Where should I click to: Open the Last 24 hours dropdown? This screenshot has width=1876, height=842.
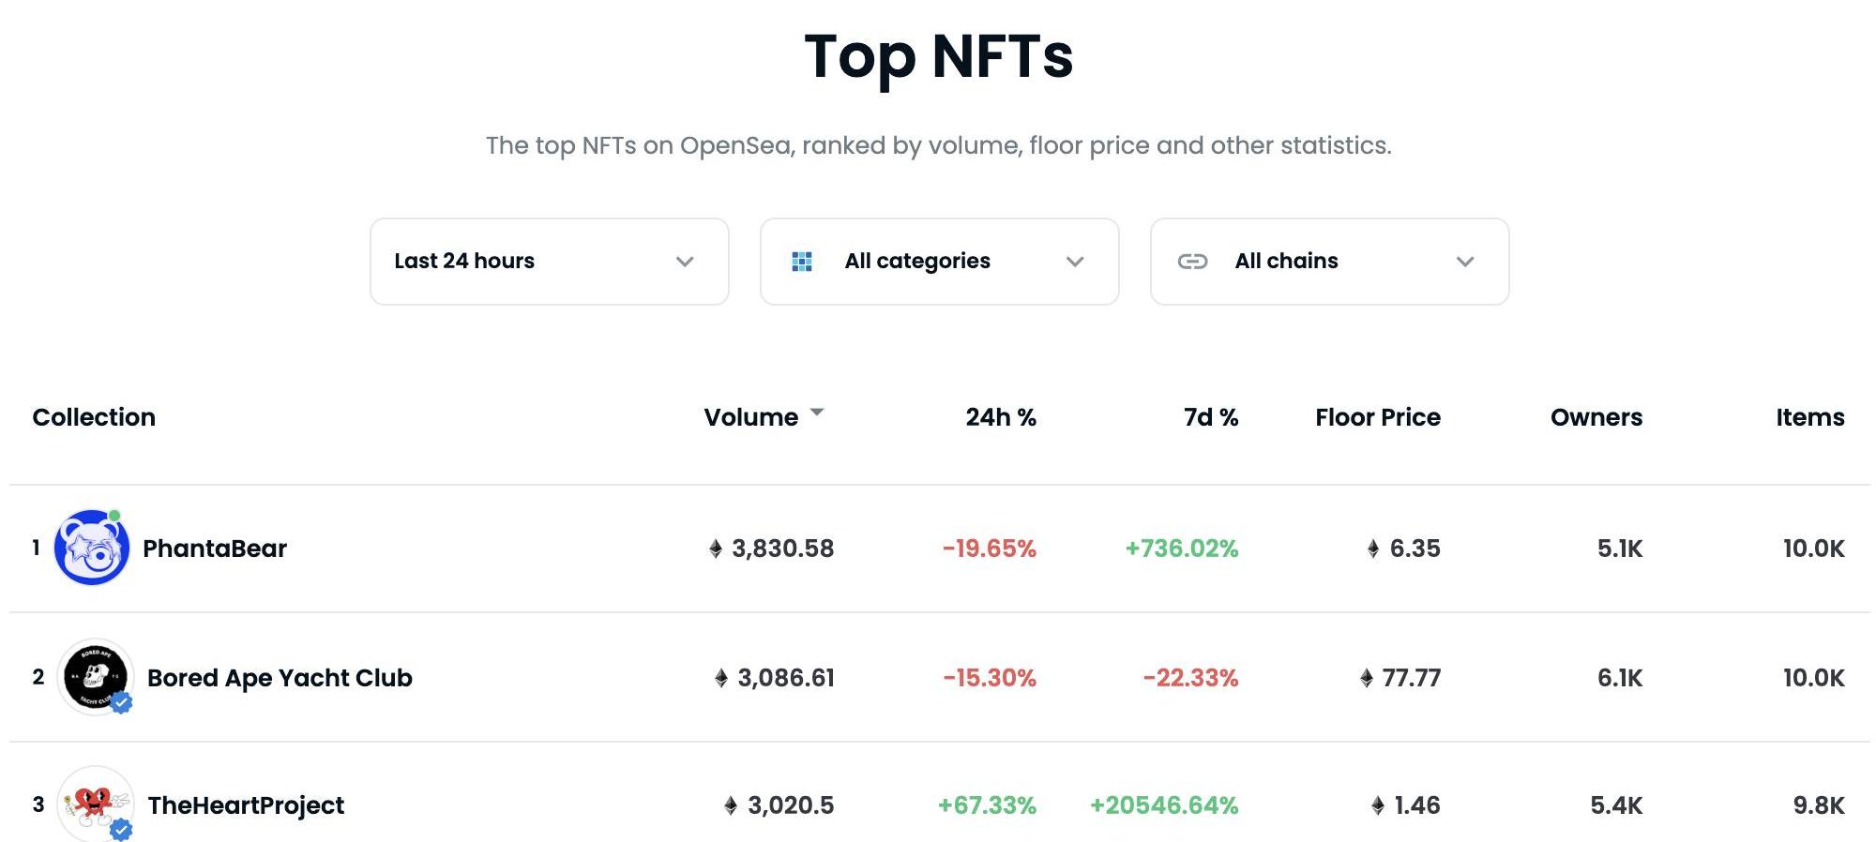pyautogui.click(x=549, y=262)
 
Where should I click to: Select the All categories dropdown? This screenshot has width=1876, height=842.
pyautogui.click(x=939, y=262)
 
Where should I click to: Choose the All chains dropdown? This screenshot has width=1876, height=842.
pyautogui.click(x=1329, y=262)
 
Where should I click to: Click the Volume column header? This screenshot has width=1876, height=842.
pyautogui.click(x=751, y=417)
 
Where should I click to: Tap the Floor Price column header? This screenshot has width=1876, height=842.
pyautogui.click(x=1377, y=417)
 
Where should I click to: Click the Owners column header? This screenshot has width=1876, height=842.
pyautogui.click(x=1596, y=417)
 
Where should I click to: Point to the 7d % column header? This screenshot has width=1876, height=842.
pyautogui.click(x=1210, y=417)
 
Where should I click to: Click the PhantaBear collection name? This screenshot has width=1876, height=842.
pyautogui.click(x=215, y=549)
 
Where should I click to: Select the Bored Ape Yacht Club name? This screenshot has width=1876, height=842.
pyautogui.click(x=280, y=678)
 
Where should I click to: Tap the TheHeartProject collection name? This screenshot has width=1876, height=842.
pyautogui.click(x=246, y=805)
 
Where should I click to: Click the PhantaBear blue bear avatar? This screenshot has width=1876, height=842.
pyautogui.click(x=91, y=549)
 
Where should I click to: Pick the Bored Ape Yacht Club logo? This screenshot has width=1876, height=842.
pyautogui.click(x=94, y=677)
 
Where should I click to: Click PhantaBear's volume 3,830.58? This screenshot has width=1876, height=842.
pyautogui.click(x=782, y=549)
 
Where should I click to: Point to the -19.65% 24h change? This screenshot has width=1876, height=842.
pyautogui.click(x=989, y=549)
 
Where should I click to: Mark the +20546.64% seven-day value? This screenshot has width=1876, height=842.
pyautogui.click(x=1163, y=805)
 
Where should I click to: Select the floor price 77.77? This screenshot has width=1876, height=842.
pyautogui.click(x=1411, y=678)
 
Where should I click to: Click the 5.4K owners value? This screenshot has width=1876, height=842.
pyautogui.click(x=1615, y=805)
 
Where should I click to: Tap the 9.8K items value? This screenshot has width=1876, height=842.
pyautogui.click(x=1818, y=805)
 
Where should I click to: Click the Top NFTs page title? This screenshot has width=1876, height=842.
pyautogui.click(x=938, y=56)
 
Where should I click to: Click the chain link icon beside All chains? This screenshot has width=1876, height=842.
pyautogui.click(x=1192, y=262)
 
